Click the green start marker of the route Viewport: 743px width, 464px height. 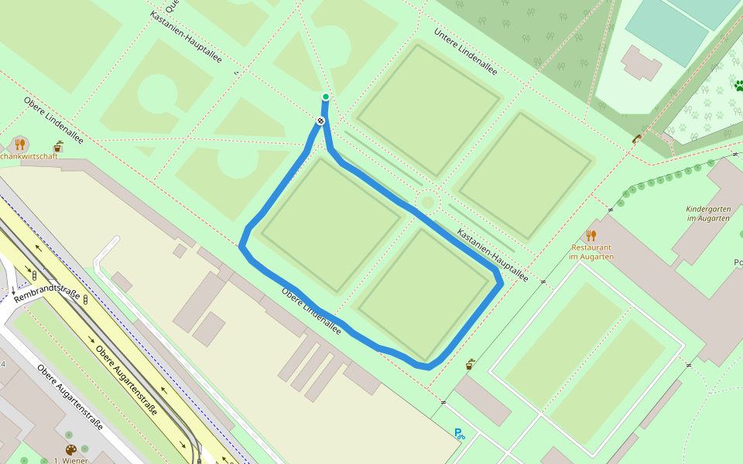(x=326, y=97)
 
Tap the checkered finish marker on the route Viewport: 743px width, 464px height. (x=320, y=121)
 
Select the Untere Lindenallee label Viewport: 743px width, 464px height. (x=465, y=52)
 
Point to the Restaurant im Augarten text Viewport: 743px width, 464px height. (x=591, y=252)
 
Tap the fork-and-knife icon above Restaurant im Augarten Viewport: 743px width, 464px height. (x=591, y=235)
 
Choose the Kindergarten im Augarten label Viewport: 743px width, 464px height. (x=707, y=213)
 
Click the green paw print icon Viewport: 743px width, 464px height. (x=738, y=86)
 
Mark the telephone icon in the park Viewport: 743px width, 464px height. (x=636, y=139)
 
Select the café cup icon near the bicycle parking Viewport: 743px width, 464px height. (x=470, y=364)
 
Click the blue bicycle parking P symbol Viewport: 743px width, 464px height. (x=459, y=434)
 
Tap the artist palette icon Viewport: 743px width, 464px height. (x=71, y=450)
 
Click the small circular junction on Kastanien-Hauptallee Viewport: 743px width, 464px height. (x=426, y=203)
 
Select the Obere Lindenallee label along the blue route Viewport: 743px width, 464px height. (x=311, y=312)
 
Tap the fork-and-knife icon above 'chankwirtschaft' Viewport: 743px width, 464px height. (x=20, y=144)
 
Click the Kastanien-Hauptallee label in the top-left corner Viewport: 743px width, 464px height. (x=186, y=37)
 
